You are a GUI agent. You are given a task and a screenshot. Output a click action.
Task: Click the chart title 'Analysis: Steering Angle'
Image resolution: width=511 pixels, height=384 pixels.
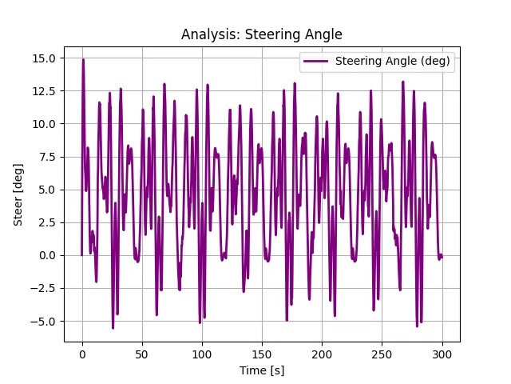(261, 34)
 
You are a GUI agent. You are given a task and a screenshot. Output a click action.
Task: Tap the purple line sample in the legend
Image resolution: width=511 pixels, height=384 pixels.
(316, 62)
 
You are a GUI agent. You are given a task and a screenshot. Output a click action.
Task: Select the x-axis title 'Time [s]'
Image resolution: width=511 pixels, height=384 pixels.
(261, 370)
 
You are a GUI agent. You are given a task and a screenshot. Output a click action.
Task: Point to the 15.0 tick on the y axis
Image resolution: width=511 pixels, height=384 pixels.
(46, 58)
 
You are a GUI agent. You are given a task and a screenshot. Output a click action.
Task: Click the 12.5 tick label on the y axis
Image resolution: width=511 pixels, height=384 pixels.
(46, 91)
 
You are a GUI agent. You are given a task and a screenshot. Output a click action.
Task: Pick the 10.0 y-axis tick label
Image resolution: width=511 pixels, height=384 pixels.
(46, 124)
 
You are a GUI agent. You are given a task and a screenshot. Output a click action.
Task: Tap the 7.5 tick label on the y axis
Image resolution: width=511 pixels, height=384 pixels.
(48, 157)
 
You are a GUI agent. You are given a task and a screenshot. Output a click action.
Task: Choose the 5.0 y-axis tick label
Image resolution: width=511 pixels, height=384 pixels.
(48, 190)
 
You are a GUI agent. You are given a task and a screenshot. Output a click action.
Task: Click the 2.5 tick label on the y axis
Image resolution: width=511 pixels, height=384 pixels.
(48, 222)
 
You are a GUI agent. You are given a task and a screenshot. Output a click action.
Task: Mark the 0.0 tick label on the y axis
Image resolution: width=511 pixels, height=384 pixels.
(48, 255)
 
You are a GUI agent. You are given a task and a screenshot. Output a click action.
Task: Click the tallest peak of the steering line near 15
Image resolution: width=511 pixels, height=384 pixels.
(83, 60)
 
